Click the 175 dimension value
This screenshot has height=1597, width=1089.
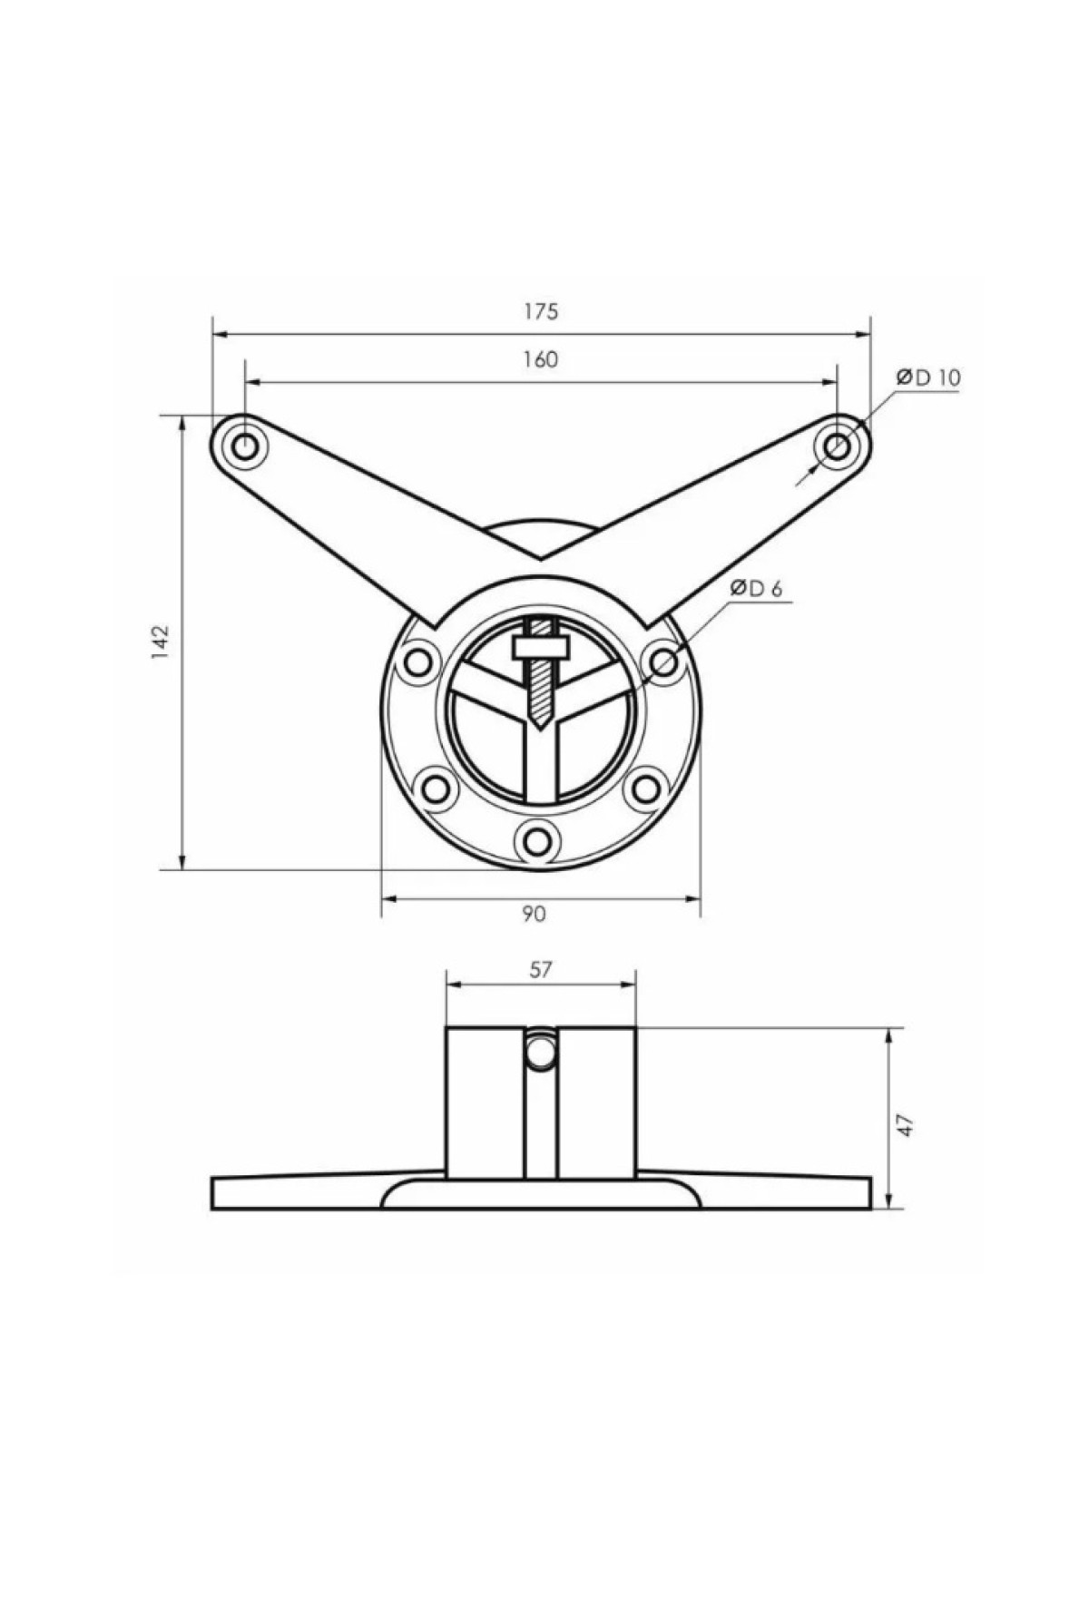click(540, 311)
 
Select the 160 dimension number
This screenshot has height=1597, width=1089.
click(540, 359)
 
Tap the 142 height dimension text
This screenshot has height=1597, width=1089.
click(161, 642)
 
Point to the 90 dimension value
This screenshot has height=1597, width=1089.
click(535, 914)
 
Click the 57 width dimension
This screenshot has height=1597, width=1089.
click(540, 970)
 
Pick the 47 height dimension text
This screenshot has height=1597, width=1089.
click(905, 1125)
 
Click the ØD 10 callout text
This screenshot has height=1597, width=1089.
click(928, 377)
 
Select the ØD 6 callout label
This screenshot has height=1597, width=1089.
click(755, 588)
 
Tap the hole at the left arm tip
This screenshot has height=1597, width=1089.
click(245, 446)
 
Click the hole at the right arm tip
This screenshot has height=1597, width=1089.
click(837, 446)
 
